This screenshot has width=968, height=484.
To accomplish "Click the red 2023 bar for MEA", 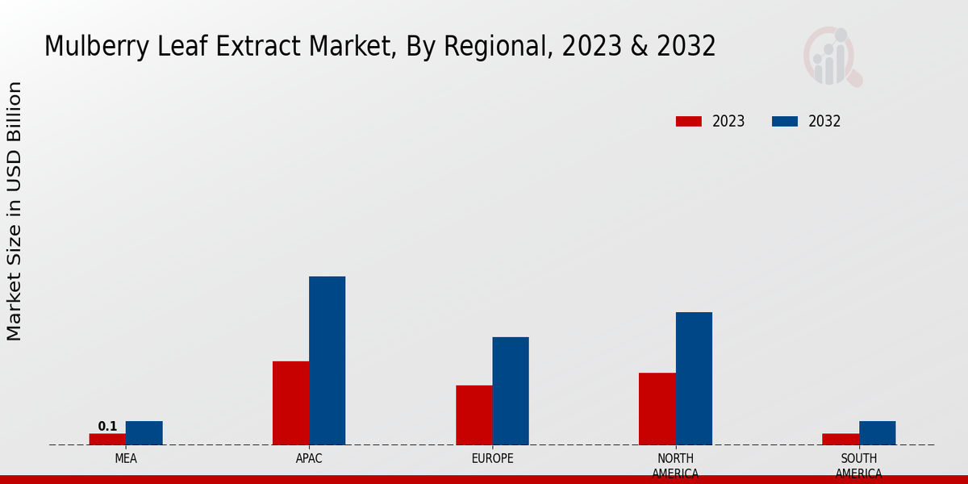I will click(107, 439).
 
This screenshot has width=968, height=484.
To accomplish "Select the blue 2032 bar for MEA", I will click(144, 432).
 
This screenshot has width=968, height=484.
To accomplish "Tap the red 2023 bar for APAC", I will click(290, 403).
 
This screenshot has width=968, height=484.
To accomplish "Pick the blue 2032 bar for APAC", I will click(327, 361).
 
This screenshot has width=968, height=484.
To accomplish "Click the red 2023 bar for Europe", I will click(474, 415).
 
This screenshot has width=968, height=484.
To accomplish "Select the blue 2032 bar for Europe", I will click(511, 390).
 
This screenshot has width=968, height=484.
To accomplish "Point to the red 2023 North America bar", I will click(657, 408).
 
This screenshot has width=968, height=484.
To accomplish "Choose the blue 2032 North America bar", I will click(694, 378).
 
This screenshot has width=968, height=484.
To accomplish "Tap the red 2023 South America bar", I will click(840, 439).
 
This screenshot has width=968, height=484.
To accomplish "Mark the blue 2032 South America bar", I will click(877, 432).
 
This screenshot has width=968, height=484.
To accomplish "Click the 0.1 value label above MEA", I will click(107, 426).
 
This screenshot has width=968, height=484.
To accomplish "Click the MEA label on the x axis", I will click(125, 458).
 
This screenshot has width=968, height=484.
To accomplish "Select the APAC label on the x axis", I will click(309, 458).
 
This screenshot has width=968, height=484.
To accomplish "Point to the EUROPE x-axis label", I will click(492, 458).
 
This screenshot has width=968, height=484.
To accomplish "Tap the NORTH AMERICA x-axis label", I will click(675, 465).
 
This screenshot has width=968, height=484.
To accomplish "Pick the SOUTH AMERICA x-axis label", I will click(858, 465).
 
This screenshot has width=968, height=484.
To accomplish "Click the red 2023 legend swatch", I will click(688, 121).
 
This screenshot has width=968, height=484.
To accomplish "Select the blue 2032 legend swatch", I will click(784, 121).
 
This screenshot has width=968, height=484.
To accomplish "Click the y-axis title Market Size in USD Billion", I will click(15, 211).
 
